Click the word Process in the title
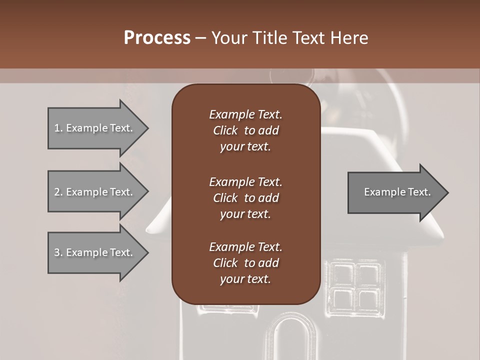pos(157,38)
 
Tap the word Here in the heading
pos(349,38)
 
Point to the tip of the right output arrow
pos(447,192)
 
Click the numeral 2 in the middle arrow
pos(57,192)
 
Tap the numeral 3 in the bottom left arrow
pos(57,252)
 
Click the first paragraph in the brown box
pos(245,130)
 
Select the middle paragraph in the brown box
pos(245,197)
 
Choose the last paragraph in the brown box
pos(245,263)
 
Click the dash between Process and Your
pos(200,38)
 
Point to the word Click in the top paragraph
pos(225,130)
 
